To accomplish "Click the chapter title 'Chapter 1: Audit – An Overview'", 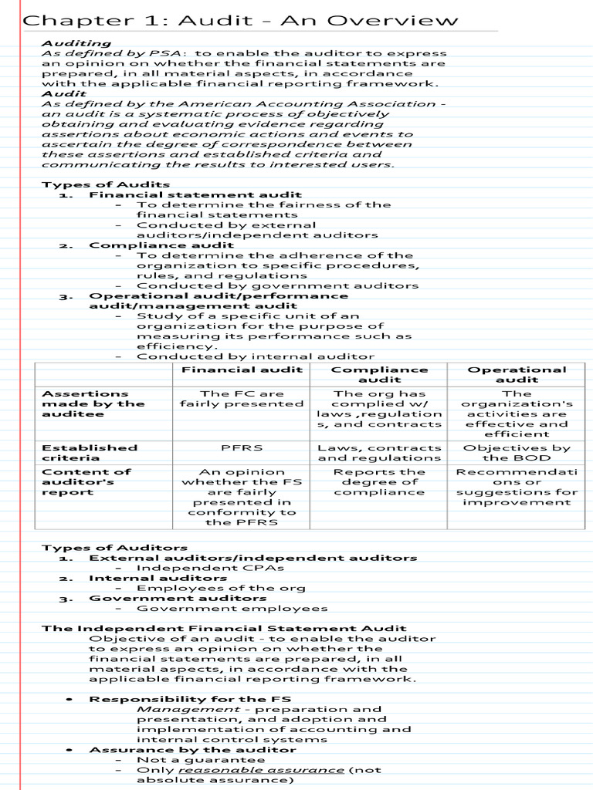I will click(240, 20).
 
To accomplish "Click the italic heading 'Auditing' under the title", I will click(76, 43).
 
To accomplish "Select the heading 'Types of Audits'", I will click(106, 184).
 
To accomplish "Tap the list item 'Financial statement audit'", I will click(195, 194).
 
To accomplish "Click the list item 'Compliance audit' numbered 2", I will click(161, 245).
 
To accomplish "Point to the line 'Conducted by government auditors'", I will click(277, 285).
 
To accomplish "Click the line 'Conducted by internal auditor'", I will click(256, 356).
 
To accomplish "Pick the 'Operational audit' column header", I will click(517, 374).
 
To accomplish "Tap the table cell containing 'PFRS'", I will click(241, 447).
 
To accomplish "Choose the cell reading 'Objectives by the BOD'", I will click(517, 453).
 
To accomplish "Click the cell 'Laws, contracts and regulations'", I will click(379, 453).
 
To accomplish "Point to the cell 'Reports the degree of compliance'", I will click(379, 481).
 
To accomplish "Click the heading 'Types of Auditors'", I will click(114, 547).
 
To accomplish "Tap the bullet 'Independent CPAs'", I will click(210, 568).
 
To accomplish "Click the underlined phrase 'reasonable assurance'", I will click(261, 769).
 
